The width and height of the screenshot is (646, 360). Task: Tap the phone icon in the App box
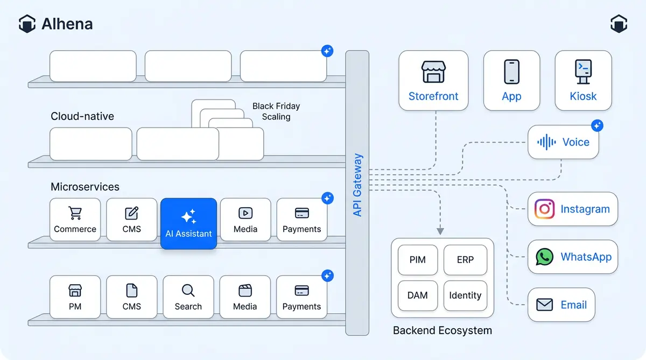pos(511,72)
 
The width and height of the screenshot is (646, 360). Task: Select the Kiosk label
pos(583,96)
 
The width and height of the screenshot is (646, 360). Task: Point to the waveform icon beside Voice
pos(546,142)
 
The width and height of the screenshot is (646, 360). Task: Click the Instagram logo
pos(544,209)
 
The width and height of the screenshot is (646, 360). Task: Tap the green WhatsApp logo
pos(544,257)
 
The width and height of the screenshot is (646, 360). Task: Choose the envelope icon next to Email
pos(544,305)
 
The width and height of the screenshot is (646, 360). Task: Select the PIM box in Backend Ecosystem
pos(417,260)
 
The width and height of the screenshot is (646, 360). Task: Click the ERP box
pos(465,260)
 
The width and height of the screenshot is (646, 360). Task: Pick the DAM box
pos(417,295)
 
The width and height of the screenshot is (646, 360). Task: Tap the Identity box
pos(465,295)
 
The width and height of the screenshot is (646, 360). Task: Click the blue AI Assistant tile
pos(188,223)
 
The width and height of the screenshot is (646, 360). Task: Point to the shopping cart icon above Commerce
pos(75,213)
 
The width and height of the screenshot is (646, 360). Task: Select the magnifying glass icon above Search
pos(188,291)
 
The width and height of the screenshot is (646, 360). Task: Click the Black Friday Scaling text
pos(276,111)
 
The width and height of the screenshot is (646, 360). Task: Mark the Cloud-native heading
pos(82,116)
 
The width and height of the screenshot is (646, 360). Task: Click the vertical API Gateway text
pos(357,185)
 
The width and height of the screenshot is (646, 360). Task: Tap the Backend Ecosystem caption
pos(442,330)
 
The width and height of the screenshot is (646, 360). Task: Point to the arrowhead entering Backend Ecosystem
pos(440,231)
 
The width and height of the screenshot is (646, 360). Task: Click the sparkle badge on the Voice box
pos(596,126)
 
